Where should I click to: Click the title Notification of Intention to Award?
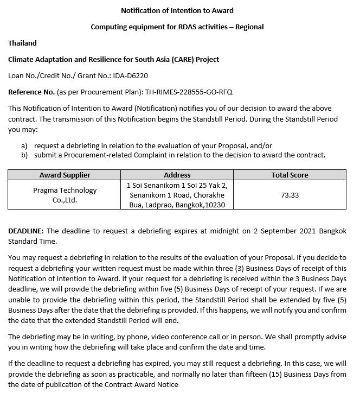[x=177, y=10]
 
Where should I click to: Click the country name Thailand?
[x=22, y=43]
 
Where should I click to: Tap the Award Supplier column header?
[x=65, y=175]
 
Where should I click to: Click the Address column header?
[x=177, y=175]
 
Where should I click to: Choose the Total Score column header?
[x=290, y=175]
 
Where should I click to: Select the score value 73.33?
[x=290, y=195]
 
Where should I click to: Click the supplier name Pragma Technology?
[x=65, y=190]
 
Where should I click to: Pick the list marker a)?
[x=24, y=145]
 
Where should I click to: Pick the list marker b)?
[x=24, y=155]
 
